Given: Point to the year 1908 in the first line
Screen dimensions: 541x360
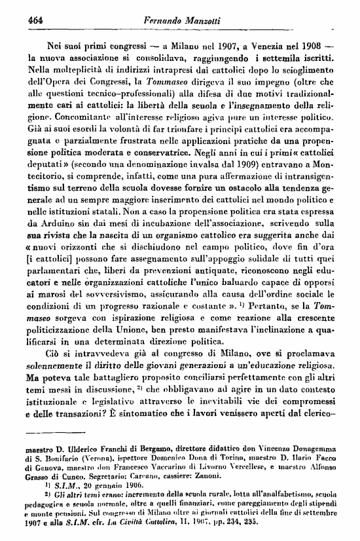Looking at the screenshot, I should coord(313,47).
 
